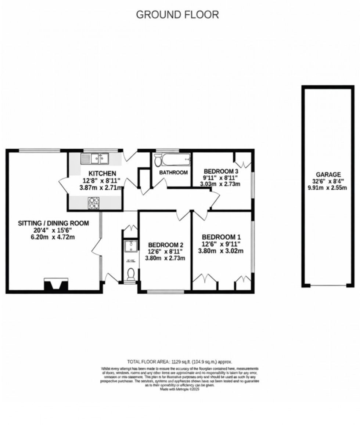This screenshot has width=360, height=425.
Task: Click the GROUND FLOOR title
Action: tap(177, 15)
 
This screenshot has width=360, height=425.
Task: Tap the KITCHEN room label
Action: tap(102, 173)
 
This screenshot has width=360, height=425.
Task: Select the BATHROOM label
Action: tap(173, 172)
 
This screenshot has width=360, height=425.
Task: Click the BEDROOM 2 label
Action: tap(166, 245)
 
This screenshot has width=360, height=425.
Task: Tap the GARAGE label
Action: tap(328, 175)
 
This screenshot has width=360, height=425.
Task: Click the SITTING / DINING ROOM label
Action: tap(54, 223)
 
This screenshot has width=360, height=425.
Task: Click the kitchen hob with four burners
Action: tap(94, 203)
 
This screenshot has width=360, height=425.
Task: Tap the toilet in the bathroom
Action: tap(158, 160)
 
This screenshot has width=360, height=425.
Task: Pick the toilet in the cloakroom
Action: tap(131, 274)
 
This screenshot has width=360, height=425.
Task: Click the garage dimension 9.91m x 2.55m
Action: tap(328, 188)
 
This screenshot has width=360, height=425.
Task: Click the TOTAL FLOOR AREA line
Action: tap(180, 362)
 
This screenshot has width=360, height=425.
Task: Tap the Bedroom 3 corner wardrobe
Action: tap(243, 160)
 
